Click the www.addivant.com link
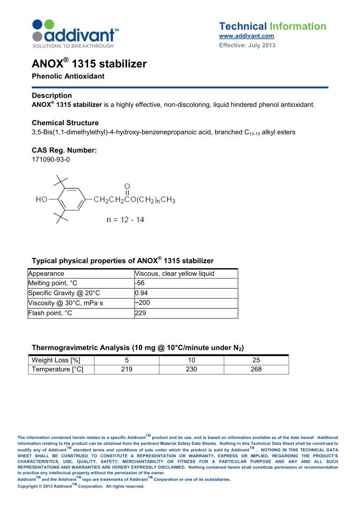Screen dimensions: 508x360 point(246,36)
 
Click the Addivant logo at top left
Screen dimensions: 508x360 point(76,33)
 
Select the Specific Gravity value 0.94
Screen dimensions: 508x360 point(142,293)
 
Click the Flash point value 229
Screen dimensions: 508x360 point(141,313)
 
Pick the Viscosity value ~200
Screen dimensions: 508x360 point(142,303)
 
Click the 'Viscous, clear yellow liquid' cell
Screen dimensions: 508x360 point(174,273)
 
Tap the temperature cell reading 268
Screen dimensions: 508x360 point(256,369)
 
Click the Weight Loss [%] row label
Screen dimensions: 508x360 point(57,360)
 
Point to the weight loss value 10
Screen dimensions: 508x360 point(190,360)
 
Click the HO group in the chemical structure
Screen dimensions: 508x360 point(42,199)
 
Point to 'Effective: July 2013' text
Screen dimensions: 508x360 point(247,45)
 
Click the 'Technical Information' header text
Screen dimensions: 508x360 point(272,26)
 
